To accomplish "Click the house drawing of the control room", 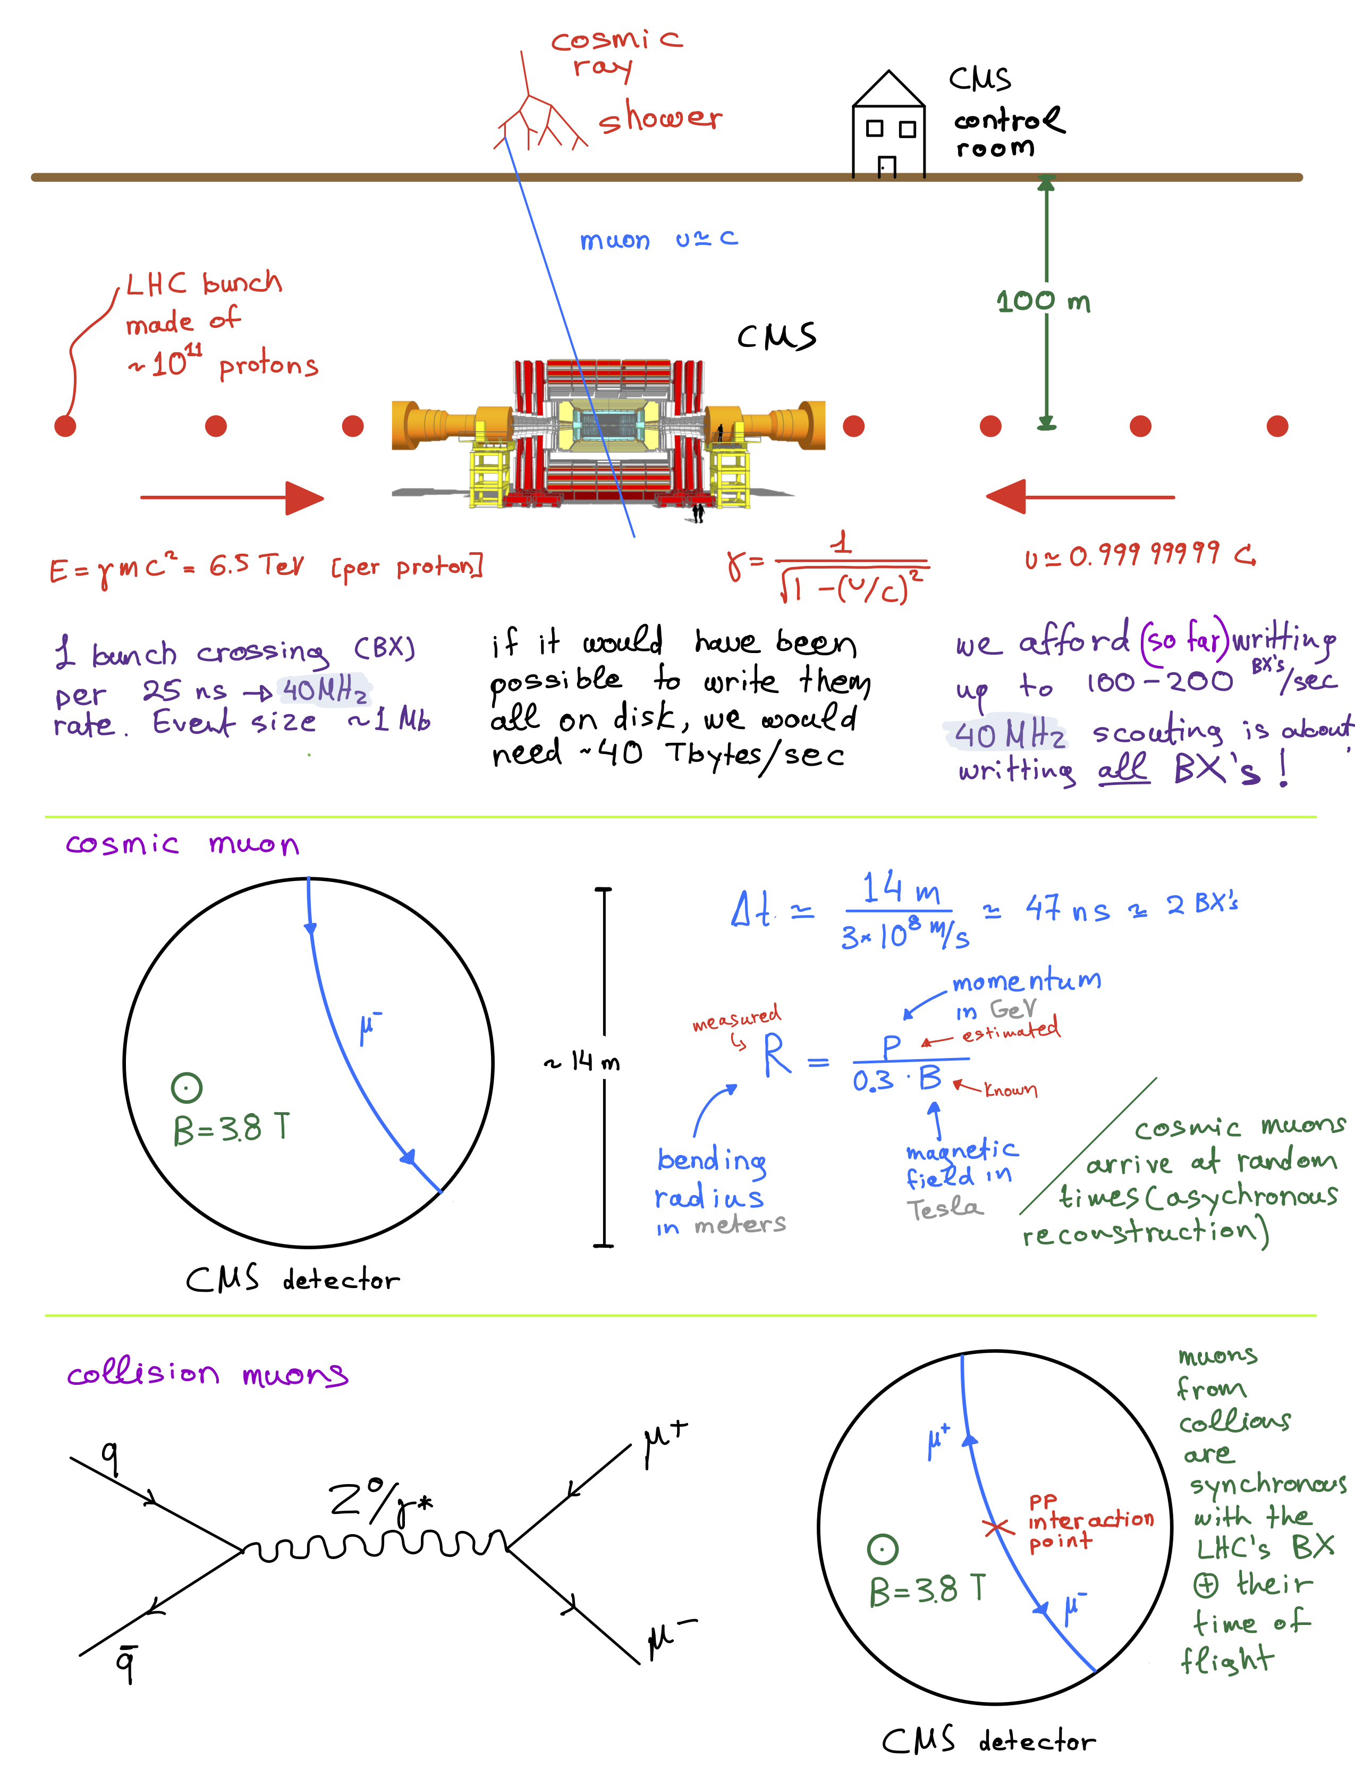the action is (888, 129).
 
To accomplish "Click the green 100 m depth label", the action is (1043, 302).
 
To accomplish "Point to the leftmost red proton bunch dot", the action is (65, 426).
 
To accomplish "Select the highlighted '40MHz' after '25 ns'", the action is (324, 690).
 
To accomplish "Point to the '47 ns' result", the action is (1067, 909).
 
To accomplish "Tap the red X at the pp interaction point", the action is (997, 1527).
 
